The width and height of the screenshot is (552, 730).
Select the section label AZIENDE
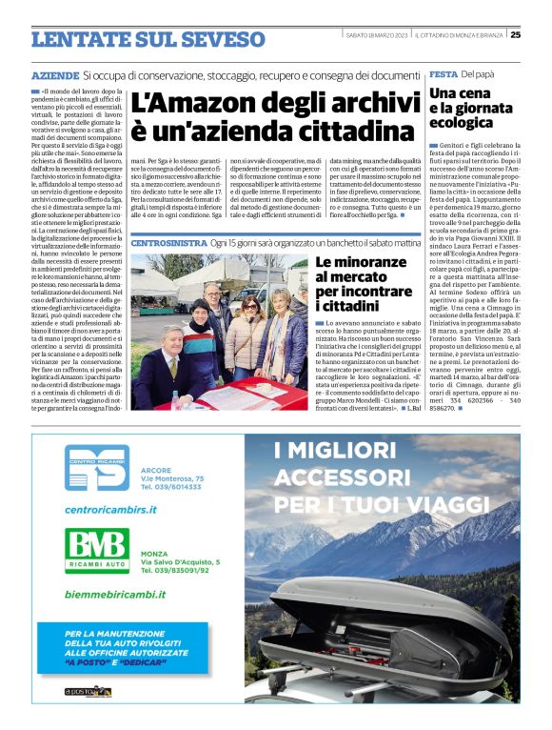click(x=54, y=74)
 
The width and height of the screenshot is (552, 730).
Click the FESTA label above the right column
click(x=443, y=73)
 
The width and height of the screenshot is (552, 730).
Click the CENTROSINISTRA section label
click(x=168, y=243)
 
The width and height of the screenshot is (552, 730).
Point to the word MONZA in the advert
click(x=153, y=553)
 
